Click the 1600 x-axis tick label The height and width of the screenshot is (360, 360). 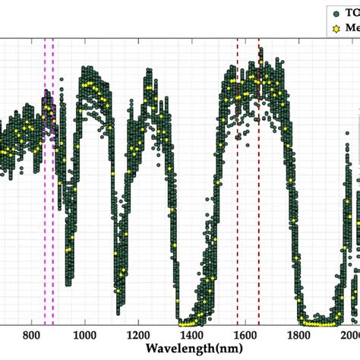pyautogui.click(x=245, y=336)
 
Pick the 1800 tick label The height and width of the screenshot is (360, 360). pyautogui.click(x=298, y=336)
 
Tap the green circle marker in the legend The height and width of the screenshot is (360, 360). pyautogui.click(x=337, y=12)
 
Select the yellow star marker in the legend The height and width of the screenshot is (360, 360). pyautogui.click(x=337, y=30)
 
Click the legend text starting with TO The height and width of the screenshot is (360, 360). pyautogui.click(x=352, y=12)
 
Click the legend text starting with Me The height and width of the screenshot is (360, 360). pyautogui.click(x=352, y=30)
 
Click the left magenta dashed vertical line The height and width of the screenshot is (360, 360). pyautogui.click(x=45, y=152)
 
